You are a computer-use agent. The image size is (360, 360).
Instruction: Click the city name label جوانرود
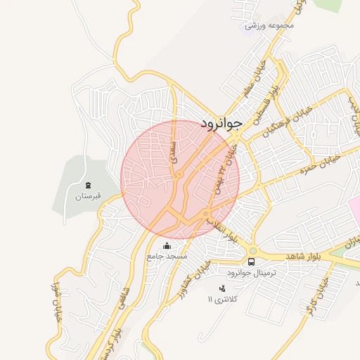click(x=221, y=123)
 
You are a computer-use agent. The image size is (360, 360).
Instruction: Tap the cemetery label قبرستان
click(x=89, y=196)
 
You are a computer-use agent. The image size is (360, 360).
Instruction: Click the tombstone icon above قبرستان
click(x=89, y=184)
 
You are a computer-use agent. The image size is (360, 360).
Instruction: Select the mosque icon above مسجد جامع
click(x=167, y=245)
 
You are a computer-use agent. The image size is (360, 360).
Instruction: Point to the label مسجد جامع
click(x=167, y=257)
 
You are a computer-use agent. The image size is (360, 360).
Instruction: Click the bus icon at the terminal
click(x=252, y=262)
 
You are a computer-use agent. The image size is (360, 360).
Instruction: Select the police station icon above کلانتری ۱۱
click(x=223, y=288)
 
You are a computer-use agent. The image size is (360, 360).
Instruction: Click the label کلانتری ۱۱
click(x=223, y=300)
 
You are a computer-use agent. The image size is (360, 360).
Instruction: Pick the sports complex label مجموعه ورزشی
click(x=269, y=25)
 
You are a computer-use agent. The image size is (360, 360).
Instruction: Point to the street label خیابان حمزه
click(x=320, y=162)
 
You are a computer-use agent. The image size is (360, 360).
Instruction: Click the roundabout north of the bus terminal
click(x=252, y=250)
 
